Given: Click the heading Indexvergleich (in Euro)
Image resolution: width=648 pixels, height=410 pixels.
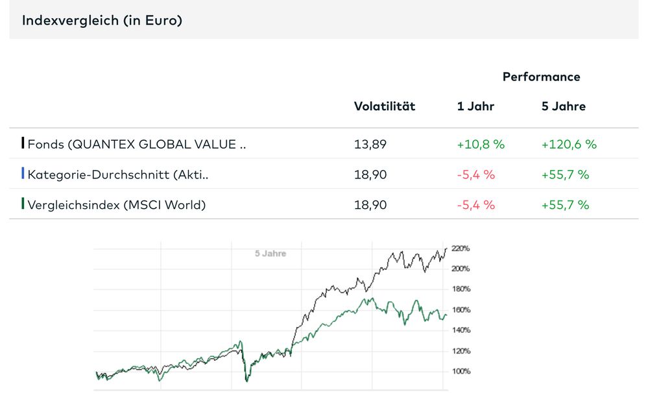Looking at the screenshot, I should pos(102,21).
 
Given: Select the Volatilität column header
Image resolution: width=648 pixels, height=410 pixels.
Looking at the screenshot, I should pos(384,106).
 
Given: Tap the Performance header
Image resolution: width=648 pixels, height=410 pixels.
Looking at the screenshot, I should pos(541,77).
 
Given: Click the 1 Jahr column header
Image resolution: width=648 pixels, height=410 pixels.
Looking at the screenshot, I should pos(475,106).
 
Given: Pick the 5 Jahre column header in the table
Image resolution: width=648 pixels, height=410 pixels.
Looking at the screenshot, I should pos(563,106).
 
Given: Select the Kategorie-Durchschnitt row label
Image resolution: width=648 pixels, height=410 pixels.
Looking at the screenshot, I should pos(118,175).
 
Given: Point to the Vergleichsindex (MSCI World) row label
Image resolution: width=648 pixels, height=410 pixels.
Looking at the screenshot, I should pos(116,205).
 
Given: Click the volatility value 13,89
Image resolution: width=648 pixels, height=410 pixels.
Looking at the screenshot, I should pos(370,144).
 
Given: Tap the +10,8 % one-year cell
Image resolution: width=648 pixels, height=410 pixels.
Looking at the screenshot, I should pos(481,144).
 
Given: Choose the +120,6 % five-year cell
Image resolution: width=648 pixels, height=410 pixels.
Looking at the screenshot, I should pos(569,144).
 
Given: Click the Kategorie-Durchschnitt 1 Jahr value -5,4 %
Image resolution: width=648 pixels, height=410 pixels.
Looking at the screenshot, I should pos(476,175).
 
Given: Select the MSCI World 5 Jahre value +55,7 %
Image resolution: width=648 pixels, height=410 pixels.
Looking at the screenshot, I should pos(565,205).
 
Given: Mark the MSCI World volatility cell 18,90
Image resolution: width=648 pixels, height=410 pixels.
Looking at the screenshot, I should pos(370,205).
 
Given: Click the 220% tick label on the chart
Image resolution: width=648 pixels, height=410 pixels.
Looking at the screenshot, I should pos(461,248).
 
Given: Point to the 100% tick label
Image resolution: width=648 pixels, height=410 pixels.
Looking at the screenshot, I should pos(461,372).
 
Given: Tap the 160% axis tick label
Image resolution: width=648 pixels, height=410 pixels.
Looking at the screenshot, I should pos(461,310).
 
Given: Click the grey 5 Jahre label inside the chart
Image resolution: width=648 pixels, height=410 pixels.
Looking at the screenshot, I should pos(270,254).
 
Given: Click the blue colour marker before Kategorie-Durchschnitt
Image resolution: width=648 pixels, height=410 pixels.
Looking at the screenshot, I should pos(23,174).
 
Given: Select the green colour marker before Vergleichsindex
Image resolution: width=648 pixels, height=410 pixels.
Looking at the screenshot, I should pos(23,204).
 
